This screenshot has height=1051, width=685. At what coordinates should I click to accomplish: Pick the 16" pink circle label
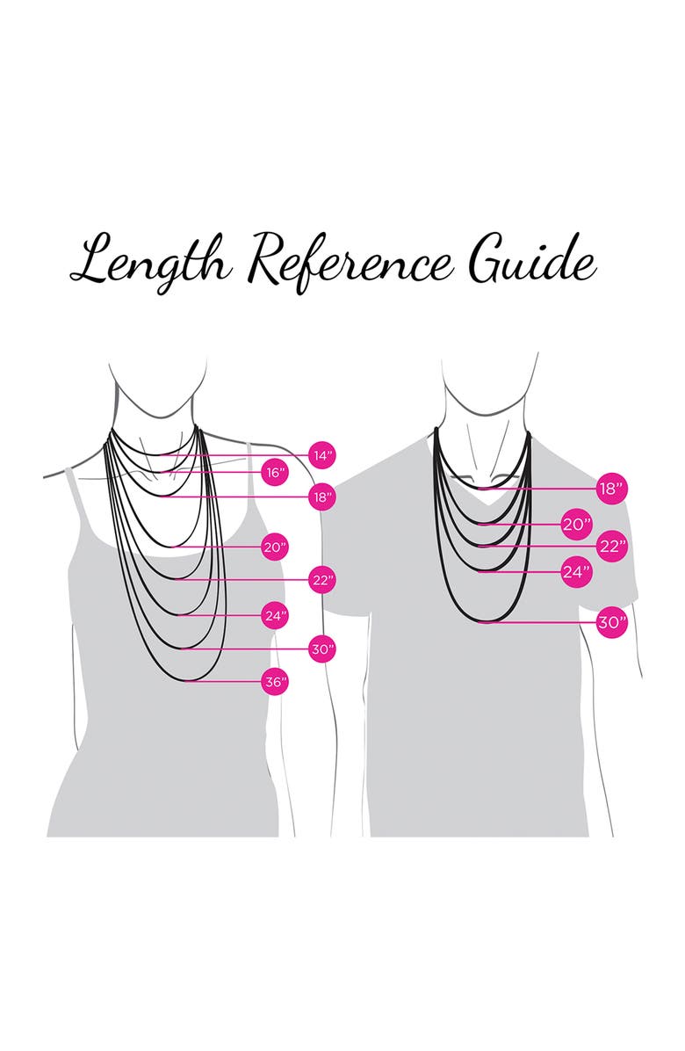[x=276, y=472]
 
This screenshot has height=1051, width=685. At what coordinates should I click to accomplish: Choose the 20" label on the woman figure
[x=276, y=547]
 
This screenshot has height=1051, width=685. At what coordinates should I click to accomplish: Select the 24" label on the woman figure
[x=276, y=615]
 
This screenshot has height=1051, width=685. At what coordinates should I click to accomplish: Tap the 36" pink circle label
[x=276, y=681]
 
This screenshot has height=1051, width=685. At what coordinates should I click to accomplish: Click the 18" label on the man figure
[x=610, y=489]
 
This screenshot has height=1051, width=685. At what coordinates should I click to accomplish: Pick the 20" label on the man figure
[x=575, y=525]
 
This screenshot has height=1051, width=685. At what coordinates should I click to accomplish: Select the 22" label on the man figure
[x=610, y=546]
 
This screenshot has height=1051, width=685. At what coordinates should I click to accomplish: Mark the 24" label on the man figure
[x=575, y=572]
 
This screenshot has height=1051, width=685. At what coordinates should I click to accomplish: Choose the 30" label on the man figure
[x=610, y=623]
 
